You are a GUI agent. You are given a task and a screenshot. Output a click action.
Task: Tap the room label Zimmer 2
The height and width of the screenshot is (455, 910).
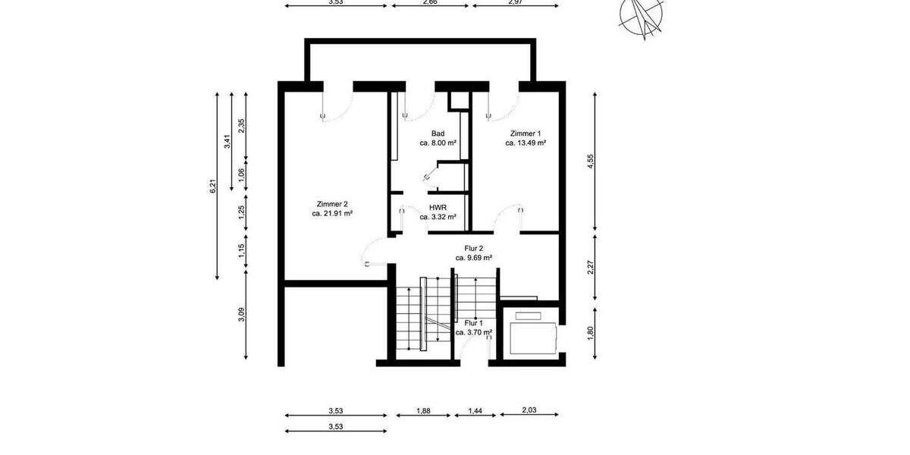[x=332, y=204]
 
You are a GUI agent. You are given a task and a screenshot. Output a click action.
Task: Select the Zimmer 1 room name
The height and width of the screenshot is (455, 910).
[x=526, y=133]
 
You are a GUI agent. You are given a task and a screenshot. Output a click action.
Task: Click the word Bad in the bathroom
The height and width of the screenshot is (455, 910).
[x=438, y=133]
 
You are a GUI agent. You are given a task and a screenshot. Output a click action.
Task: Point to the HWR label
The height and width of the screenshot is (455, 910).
[x=438, y=207]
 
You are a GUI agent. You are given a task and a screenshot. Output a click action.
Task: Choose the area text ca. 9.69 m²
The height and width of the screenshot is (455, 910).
[x=474, y=258]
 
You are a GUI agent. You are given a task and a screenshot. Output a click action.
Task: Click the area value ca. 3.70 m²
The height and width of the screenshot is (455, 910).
[x=474, y=332]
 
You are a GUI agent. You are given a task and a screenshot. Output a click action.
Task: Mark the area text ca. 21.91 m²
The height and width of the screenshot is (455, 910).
[x=332, y=214]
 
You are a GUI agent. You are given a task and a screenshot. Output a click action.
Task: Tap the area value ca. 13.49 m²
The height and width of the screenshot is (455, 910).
[x=526, y=143]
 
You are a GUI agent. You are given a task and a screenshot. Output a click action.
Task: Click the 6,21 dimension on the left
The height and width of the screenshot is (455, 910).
[x=214, y=186]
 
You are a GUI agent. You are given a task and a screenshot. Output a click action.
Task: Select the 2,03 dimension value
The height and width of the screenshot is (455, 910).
[x=529, y=411]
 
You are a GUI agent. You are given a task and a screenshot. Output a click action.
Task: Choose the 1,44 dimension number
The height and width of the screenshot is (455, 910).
[x=474, y=411]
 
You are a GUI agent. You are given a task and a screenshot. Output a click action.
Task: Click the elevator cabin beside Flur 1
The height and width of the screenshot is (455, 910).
[x=533, y=334]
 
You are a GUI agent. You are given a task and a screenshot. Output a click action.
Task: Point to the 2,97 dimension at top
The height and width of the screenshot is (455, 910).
[x=515, y=2]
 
